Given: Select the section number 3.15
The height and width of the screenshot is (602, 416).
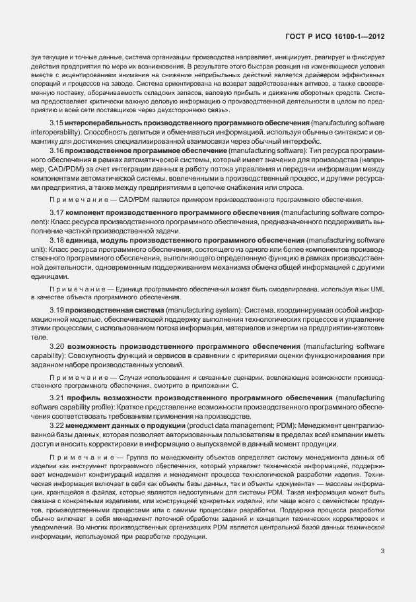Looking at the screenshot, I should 56,123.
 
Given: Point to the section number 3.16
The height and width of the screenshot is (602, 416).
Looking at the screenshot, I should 56,151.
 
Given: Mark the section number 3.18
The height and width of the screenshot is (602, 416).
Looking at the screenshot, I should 56,242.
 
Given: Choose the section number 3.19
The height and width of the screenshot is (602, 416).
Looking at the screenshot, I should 56,310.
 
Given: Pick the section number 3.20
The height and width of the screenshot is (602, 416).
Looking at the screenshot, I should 56,346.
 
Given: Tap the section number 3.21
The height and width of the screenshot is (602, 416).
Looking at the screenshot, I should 56,399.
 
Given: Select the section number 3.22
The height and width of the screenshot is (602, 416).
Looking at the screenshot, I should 56,426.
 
